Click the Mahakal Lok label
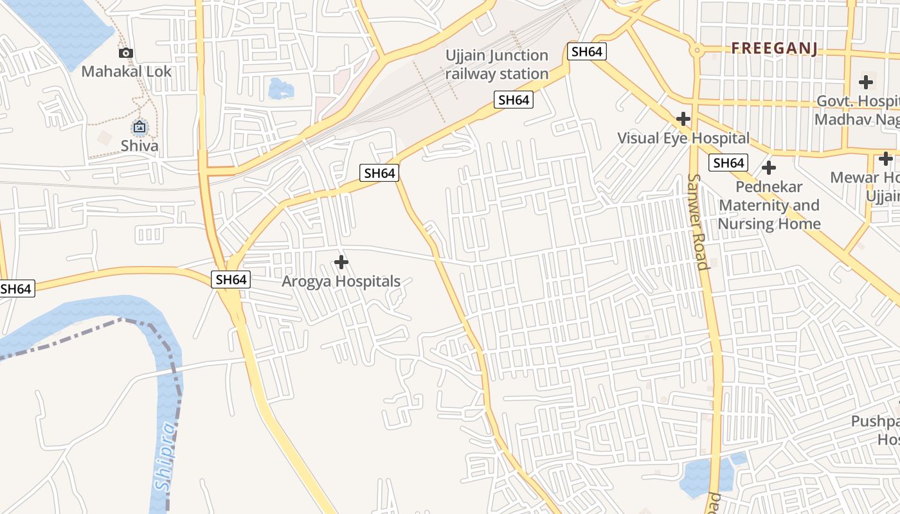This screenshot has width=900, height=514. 126,71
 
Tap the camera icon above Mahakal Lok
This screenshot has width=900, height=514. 126,53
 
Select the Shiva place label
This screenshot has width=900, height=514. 139,145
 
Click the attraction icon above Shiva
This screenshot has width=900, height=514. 139,127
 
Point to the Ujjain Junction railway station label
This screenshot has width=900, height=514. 497,65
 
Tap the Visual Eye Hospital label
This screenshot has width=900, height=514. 683,138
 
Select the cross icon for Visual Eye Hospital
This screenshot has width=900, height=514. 683,119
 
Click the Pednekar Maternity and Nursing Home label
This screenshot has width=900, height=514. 769,205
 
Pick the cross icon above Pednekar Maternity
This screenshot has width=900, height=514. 768,168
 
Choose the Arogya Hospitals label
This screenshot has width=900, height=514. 341,281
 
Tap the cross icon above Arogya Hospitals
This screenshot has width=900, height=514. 341,262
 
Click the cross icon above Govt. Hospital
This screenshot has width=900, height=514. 865,82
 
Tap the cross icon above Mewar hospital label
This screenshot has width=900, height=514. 885,159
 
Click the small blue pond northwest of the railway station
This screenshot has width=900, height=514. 281,88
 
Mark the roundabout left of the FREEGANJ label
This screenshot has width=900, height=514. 696,49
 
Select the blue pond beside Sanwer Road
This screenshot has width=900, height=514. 706,475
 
